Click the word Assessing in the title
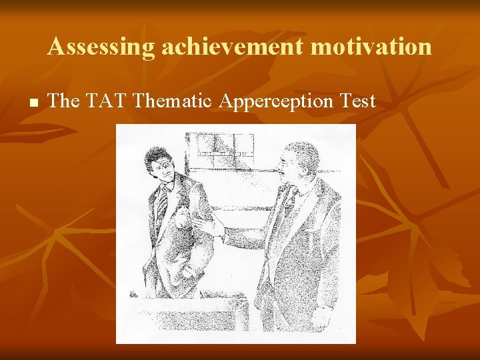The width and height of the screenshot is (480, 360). point(100,47)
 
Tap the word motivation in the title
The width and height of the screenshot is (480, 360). point(374,47)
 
